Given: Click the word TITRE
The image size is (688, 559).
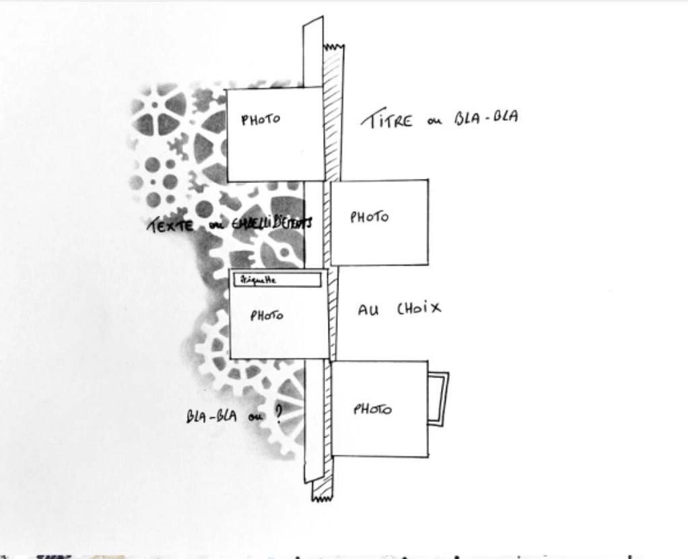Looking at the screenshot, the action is pos(386,120).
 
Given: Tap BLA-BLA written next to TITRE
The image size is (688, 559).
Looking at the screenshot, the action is pos(485,117).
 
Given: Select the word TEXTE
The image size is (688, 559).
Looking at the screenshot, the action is pos(170,225).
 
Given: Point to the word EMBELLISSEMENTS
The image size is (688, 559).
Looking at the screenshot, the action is pos(271,223).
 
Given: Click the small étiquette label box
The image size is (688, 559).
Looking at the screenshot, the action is pos(277,280).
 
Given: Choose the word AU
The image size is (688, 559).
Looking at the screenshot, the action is pos(368,310).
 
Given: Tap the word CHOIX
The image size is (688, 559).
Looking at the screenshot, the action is pos(418,309).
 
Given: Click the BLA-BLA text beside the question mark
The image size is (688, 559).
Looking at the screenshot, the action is pos(211,416).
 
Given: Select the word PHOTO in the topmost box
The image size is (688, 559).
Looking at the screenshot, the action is pos(261,120).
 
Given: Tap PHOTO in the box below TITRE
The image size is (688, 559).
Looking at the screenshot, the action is pos(369,217).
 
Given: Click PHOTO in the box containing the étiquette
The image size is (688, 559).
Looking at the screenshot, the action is pos(267,315).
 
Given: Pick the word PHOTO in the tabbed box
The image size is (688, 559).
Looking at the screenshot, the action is pos(372,409).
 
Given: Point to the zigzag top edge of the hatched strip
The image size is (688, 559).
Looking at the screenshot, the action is pos(334,47).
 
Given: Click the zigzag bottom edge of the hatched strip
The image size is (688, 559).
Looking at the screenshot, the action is pos(322,498).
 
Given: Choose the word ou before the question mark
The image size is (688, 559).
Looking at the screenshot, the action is pos(255,416).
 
